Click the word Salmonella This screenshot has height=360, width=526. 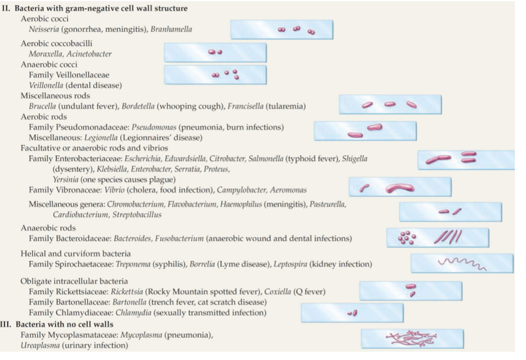[266, 159]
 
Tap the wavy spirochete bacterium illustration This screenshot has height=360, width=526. [462, 263]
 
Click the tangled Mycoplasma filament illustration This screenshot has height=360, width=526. [412, 337]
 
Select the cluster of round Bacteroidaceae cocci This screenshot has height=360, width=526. [406, 237]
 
